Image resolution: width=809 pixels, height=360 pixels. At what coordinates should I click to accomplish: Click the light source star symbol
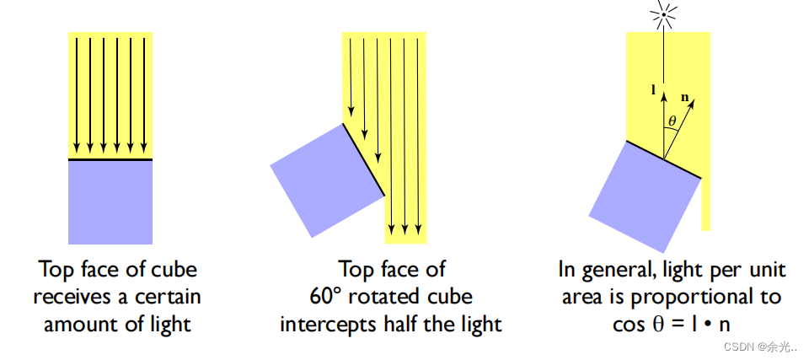pos(664,13)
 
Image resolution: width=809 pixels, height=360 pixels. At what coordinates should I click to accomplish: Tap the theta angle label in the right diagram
pos(672,121)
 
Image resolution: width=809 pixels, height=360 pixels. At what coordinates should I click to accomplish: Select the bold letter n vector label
pos(684,99)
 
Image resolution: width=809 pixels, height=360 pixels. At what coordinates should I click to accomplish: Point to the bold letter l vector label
pos(654,88)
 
